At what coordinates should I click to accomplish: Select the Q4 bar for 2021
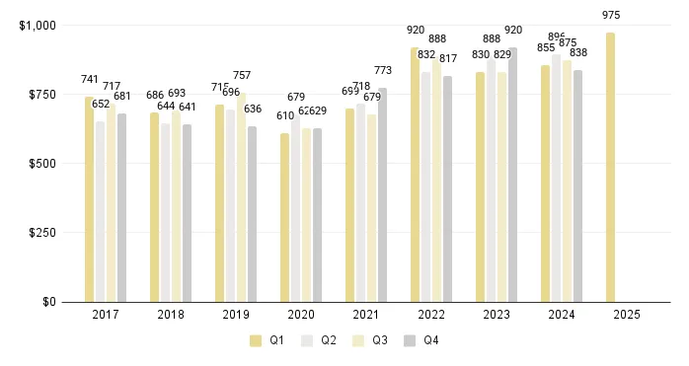[382, 194]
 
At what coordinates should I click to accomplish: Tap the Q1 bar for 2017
[90, 199]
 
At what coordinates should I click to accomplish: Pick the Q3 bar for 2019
[241, 196]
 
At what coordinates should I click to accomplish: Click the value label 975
[612, 15]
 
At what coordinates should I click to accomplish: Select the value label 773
[383, 70]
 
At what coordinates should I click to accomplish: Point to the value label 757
[242, 75]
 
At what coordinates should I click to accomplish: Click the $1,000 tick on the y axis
[38, 25]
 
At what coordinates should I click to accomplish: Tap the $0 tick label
[48, 302]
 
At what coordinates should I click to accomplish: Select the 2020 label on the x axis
[301, 315]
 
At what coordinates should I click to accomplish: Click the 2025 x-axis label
[626, 315]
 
